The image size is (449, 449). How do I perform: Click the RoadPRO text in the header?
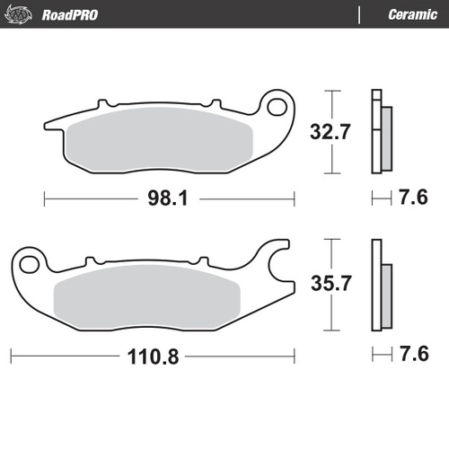[68, 13]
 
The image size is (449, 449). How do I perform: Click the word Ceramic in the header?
[412, 13]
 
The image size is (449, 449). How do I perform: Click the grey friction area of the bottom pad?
[148, 296]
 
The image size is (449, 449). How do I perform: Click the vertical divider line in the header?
[360, 13]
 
